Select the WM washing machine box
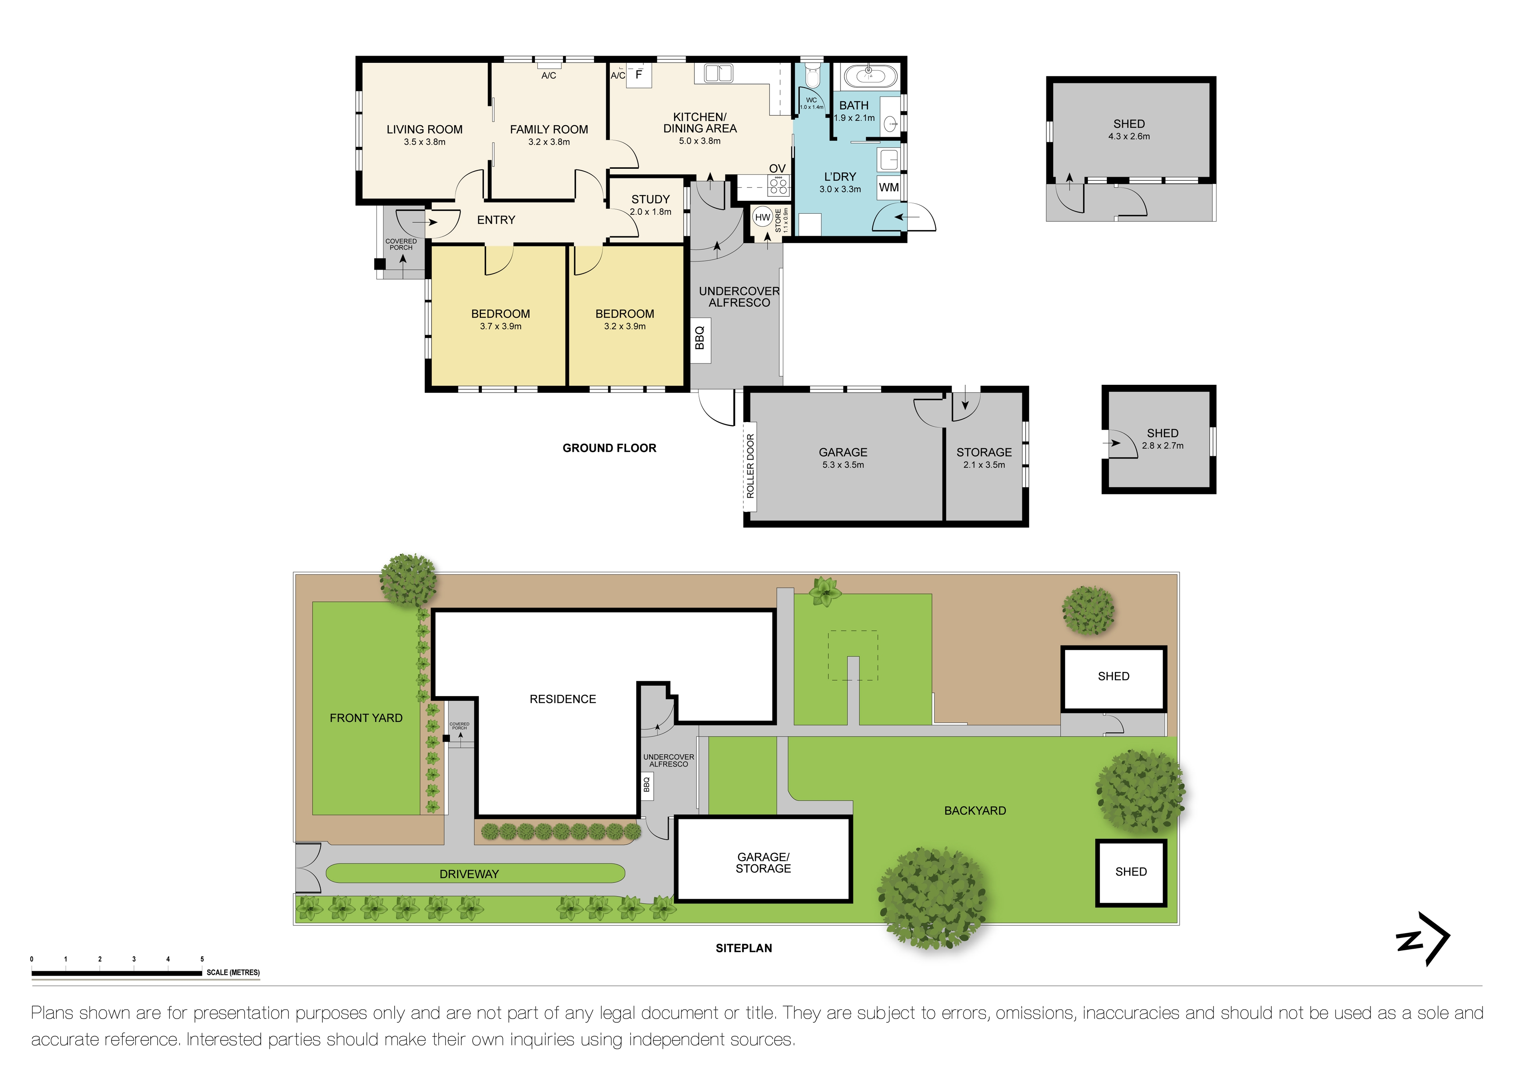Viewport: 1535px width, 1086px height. [x=888, y=187]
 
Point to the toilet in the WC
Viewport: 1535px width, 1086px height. [x=812, y=77]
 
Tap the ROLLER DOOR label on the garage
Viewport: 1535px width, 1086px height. [x=750, y=466]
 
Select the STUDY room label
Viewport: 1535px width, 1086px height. [x=650, y=199]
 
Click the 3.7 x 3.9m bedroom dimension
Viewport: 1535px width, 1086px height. [x=500, y=326]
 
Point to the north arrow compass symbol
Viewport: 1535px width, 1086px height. [x=1424, y=939]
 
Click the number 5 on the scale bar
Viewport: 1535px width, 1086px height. [x=202, y=959]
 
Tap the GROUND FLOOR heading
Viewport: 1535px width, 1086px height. [x=609, y=448]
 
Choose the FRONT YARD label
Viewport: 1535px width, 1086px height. [x=366, y=718]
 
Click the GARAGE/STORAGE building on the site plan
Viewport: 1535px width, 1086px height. [x=763, y=863]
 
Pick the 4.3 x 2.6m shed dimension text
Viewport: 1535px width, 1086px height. [x=1128, y=136]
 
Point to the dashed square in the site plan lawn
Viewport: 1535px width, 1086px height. [x=853, y=655]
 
